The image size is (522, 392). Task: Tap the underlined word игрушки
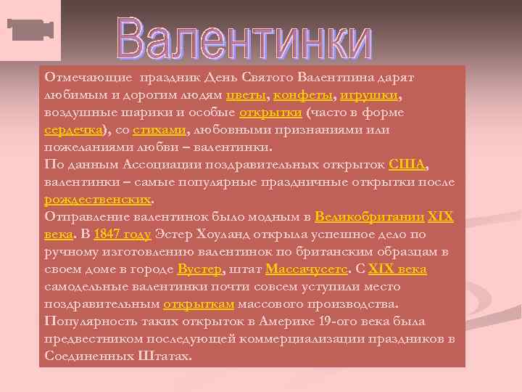tap(370, 96)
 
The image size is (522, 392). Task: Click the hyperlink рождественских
tap(99, 199)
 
